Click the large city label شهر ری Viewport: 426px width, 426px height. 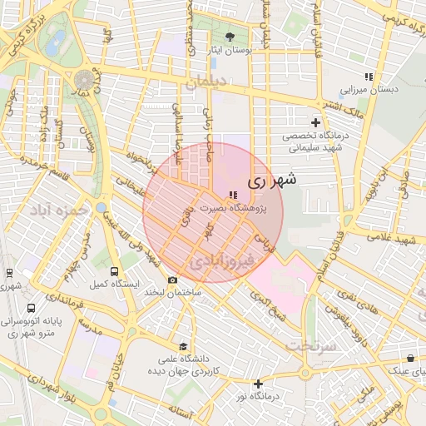(x=273, y=179)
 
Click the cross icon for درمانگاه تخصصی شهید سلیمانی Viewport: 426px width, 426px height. (x=315, y=122)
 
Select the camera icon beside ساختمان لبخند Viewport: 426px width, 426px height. (x=172, y=280)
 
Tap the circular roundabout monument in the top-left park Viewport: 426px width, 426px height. (x=83, y=80)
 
